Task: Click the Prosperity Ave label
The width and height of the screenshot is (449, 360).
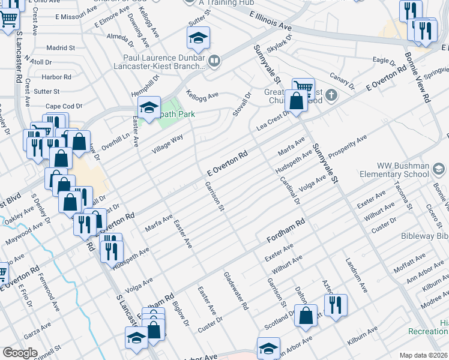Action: pyautogui.click(x=347, y=147)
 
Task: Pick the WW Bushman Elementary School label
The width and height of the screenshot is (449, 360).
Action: pyautogui.click(x=403, y=170)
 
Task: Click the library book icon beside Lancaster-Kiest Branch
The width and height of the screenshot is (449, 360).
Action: pyautogui.click(x=214, y=60)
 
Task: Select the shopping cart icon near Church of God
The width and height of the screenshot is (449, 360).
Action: pyautogui.click(x=303, y=87)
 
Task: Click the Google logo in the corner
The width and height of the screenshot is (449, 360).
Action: pyautogui.click(x=20, y=353)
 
